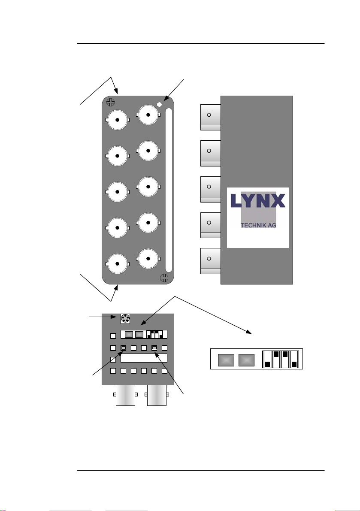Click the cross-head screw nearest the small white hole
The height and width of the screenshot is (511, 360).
click(x=111, y=102)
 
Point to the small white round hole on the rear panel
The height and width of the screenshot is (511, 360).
click(x=160, y=104)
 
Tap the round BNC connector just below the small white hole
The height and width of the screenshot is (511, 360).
click(x=148, y=115)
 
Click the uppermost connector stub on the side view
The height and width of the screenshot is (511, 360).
click(x=210, y=115)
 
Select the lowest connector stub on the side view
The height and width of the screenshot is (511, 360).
click(x=210, y=259)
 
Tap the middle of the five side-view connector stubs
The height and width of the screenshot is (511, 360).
click(x=210, y=187)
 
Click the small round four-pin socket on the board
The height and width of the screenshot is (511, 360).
click(x=125, y=319)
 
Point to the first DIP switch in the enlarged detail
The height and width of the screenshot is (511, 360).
click(x=267, y=360)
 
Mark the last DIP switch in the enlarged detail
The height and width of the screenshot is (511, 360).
click(x=294, y=360)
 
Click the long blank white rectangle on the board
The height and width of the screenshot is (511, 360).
click(x=144, y=358)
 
